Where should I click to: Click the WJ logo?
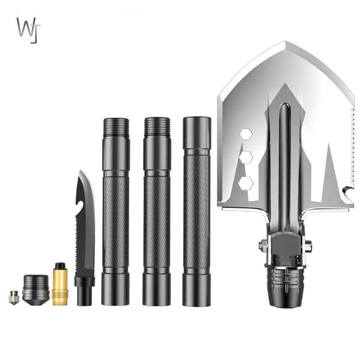click(x=28, y=30)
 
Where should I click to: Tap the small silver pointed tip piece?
click(x=14, y=297)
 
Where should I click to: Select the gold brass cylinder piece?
click(x=60, y=284)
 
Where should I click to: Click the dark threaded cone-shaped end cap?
click(x=36, y=290)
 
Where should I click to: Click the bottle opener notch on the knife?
click(x=79, y=205)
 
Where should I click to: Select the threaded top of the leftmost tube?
click(x=116, y=127)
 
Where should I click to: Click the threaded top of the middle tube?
click(x=157, y=127)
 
